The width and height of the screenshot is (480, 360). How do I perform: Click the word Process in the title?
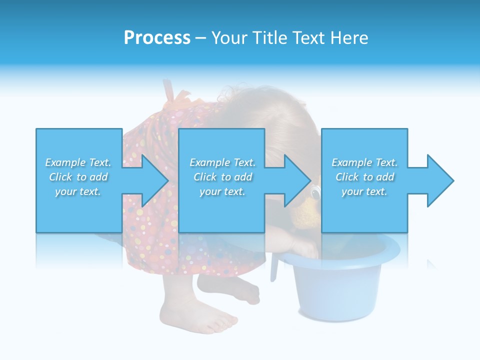click(x=157, y=38)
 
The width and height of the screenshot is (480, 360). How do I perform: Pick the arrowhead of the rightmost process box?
click(x=439, y=180)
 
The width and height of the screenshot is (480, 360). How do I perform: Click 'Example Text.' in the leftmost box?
click(x=78, y=162)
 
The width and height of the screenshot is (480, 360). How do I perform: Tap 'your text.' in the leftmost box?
click(x=78, y=191)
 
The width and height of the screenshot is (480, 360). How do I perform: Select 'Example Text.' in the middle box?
click(x=222, y=162)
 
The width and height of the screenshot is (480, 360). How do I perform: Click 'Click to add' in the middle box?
click(x=222, y=177)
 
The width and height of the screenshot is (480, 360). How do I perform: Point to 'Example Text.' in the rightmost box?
click(x=364, y=162)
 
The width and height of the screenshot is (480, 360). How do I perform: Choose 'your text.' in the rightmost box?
click(x=364, y=191)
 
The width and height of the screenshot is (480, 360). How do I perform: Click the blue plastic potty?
click(x=340, y=285)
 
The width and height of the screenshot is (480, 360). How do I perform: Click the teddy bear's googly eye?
click(x=315, y=190)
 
